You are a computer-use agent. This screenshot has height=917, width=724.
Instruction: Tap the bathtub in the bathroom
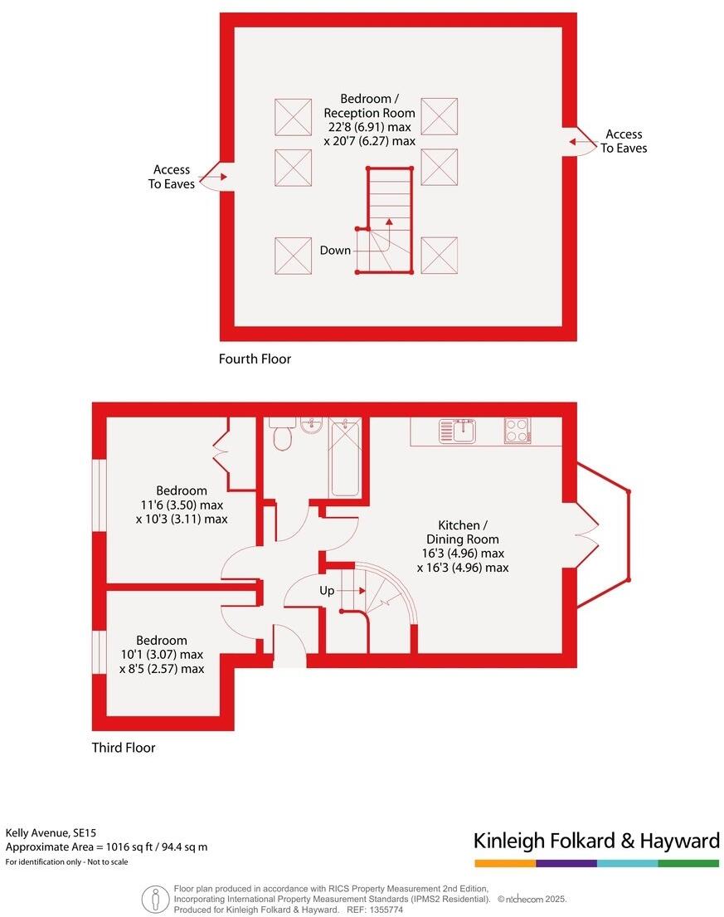click(344, 457)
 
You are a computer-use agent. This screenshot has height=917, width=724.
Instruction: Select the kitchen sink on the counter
click(457, 431)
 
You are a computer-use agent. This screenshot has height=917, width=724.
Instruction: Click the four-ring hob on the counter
click(517, 431)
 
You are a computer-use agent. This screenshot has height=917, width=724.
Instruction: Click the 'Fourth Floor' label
click(255, 359)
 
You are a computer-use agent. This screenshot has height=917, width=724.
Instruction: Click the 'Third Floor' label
click(124, 748)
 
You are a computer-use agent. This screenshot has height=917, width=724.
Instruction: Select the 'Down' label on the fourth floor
click(335, 250)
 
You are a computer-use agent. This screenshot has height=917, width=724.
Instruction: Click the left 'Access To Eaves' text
click(172, 177)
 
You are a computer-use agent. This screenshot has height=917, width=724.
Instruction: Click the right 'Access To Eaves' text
click(624, 141)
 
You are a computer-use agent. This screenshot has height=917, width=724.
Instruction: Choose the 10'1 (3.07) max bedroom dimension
click(162, 655)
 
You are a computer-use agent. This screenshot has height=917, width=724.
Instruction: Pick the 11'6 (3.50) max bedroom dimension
click(180, 505)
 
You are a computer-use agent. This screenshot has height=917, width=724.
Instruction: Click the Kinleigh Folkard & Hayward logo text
click(595, 841)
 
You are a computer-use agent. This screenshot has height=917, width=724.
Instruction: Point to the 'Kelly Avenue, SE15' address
click(56, 832)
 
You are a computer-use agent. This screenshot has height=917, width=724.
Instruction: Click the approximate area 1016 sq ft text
click(106, 847)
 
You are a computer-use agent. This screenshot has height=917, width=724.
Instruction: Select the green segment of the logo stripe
click(688, 863)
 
